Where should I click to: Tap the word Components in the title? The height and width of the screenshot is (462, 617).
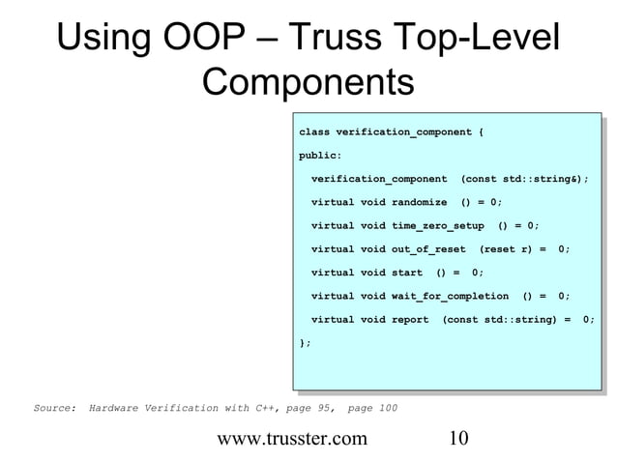tap(308, 85)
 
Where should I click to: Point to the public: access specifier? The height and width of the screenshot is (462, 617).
tap(319, 155)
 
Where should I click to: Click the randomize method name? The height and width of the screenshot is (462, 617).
tap(419, 202)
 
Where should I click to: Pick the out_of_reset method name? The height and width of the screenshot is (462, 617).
tap(428, 248)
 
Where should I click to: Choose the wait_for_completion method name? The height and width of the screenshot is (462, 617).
tap(450, 296)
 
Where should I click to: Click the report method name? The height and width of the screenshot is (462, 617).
tap(409, 319)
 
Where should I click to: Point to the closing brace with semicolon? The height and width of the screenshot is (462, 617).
tap(306, 342)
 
